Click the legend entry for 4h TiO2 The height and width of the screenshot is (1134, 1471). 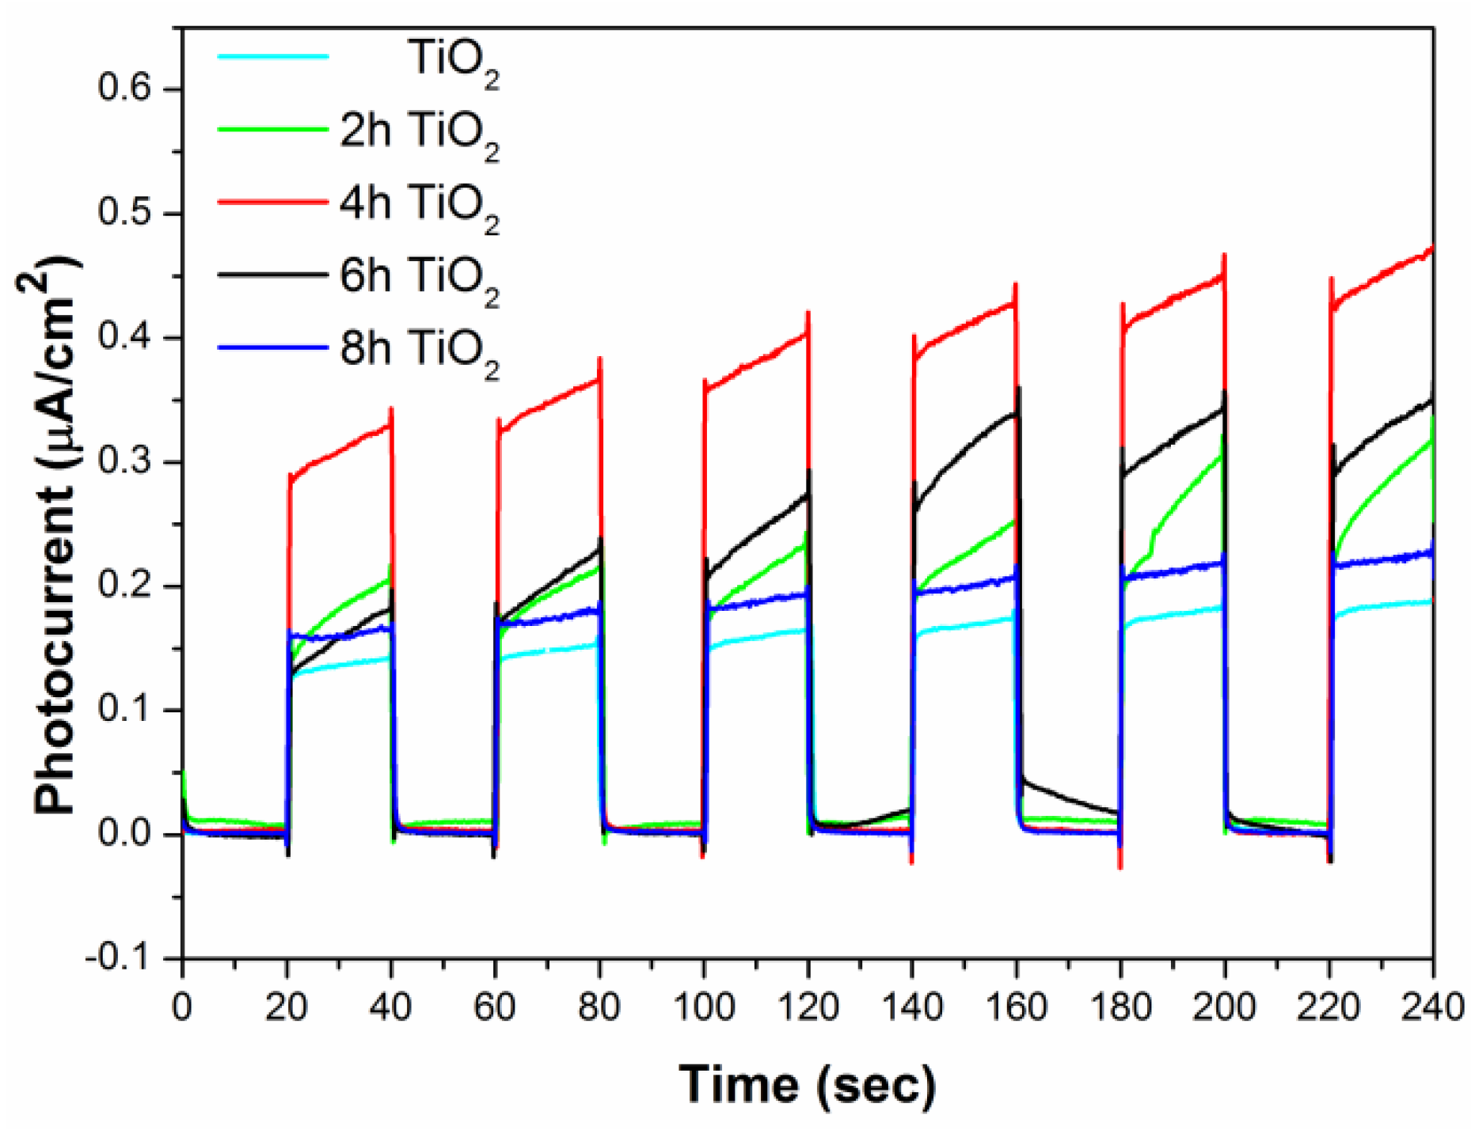tap(420, 206)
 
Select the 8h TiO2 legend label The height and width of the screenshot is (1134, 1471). tap(420, 351)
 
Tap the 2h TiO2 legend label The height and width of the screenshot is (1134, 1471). tap(420, 133)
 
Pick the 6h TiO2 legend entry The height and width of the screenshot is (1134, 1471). tap(420, 279)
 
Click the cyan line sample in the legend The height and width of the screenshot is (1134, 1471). tap(272, 56)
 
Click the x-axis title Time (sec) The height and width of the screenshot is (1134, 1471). tap(807, 1083)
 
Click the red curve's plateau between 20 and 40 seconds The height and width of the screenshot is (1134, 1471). tap(340, 451)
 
